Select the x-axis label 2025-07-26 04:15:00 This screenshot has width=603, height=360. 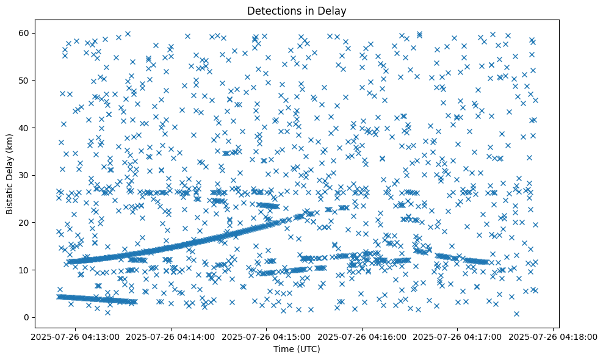[x=267, y=336]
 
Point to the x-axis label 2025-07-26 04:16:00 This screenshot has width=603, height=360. [x=363, y=336]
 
